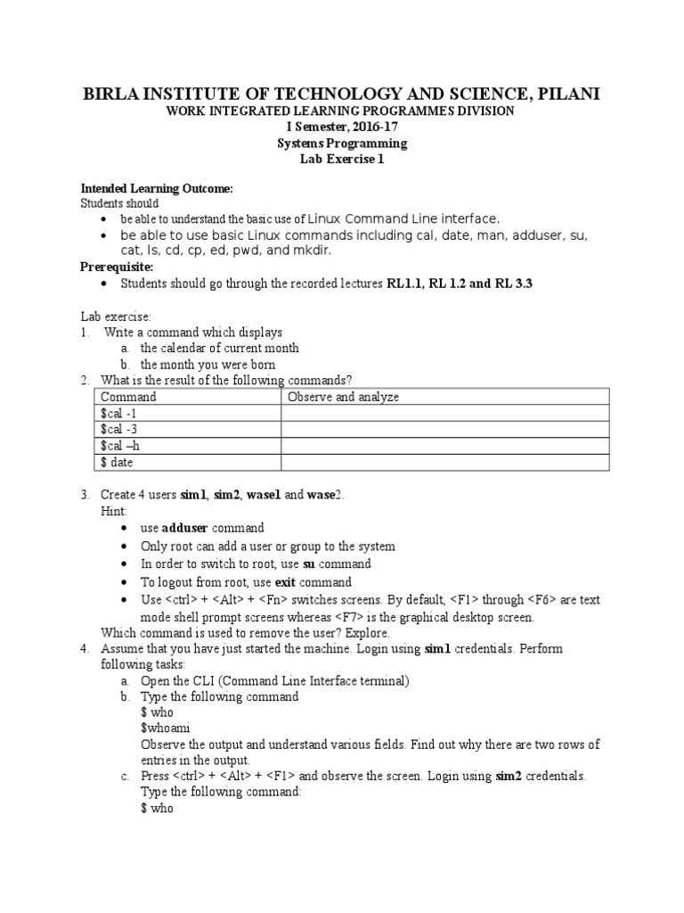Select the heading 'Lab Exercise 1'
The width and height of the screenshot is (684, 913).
[x=341, y=159]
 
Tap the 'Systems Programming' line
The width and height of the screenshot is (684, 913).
[x=341, y=143]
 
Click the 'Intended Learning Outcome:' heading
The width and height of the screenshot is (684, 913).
[x=157, y=189]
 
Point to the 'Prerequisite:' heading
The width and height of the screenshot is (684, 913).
[x=118, y=267]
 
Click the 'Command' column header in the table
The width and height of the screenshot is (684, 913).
[x=128, y=397]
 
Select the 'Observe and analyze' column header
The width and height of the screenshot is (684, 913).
[x=343, y=397]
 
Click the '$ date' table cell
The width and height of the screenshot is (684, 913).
[x=117, y=462]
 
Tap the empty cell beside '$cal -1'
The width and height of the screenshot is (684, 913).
[x=445, y=414]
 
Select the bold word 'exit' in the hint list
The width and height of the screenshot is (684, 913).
[x=281, y=581]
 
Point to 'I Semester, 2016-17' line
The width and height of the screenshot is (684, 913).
[x=341, y=127]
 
